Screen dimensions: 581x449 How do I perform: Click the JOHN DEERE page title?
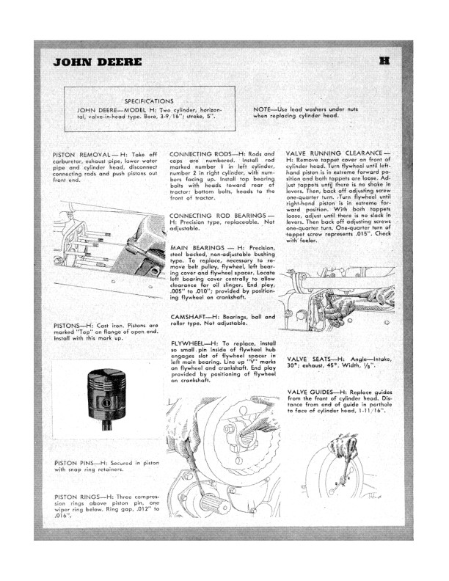(x=97, y=62)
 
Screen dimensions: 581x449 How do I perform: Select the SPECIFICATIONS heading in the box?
(x=149, y=101)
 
